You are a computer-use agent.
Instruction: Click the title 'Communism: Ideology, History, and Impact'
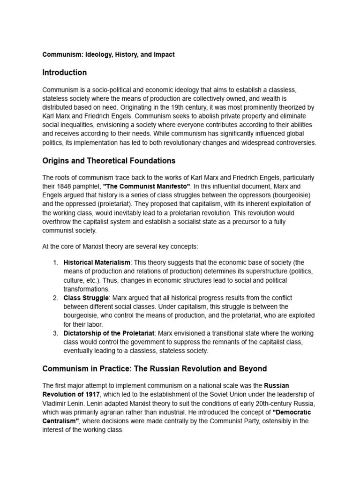108,54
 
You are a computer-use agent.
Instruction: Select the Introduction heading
64,73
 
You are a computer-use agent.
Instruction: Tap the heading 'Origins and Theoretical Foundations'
109,161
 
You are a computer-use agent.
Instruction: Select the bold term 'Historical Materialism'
97,262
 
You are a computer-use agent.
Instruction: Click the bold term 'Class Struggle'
86,298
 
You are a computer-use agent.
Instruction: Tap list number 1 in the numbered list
55,262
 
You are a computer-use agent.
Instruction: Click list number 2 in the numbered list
55,298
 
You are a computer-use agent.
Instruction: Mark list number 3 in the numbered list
55,333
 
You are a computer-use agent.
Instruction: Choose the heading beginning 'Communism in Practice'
155,368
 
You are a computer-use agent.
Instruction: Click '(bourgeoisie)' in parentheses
292,195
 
